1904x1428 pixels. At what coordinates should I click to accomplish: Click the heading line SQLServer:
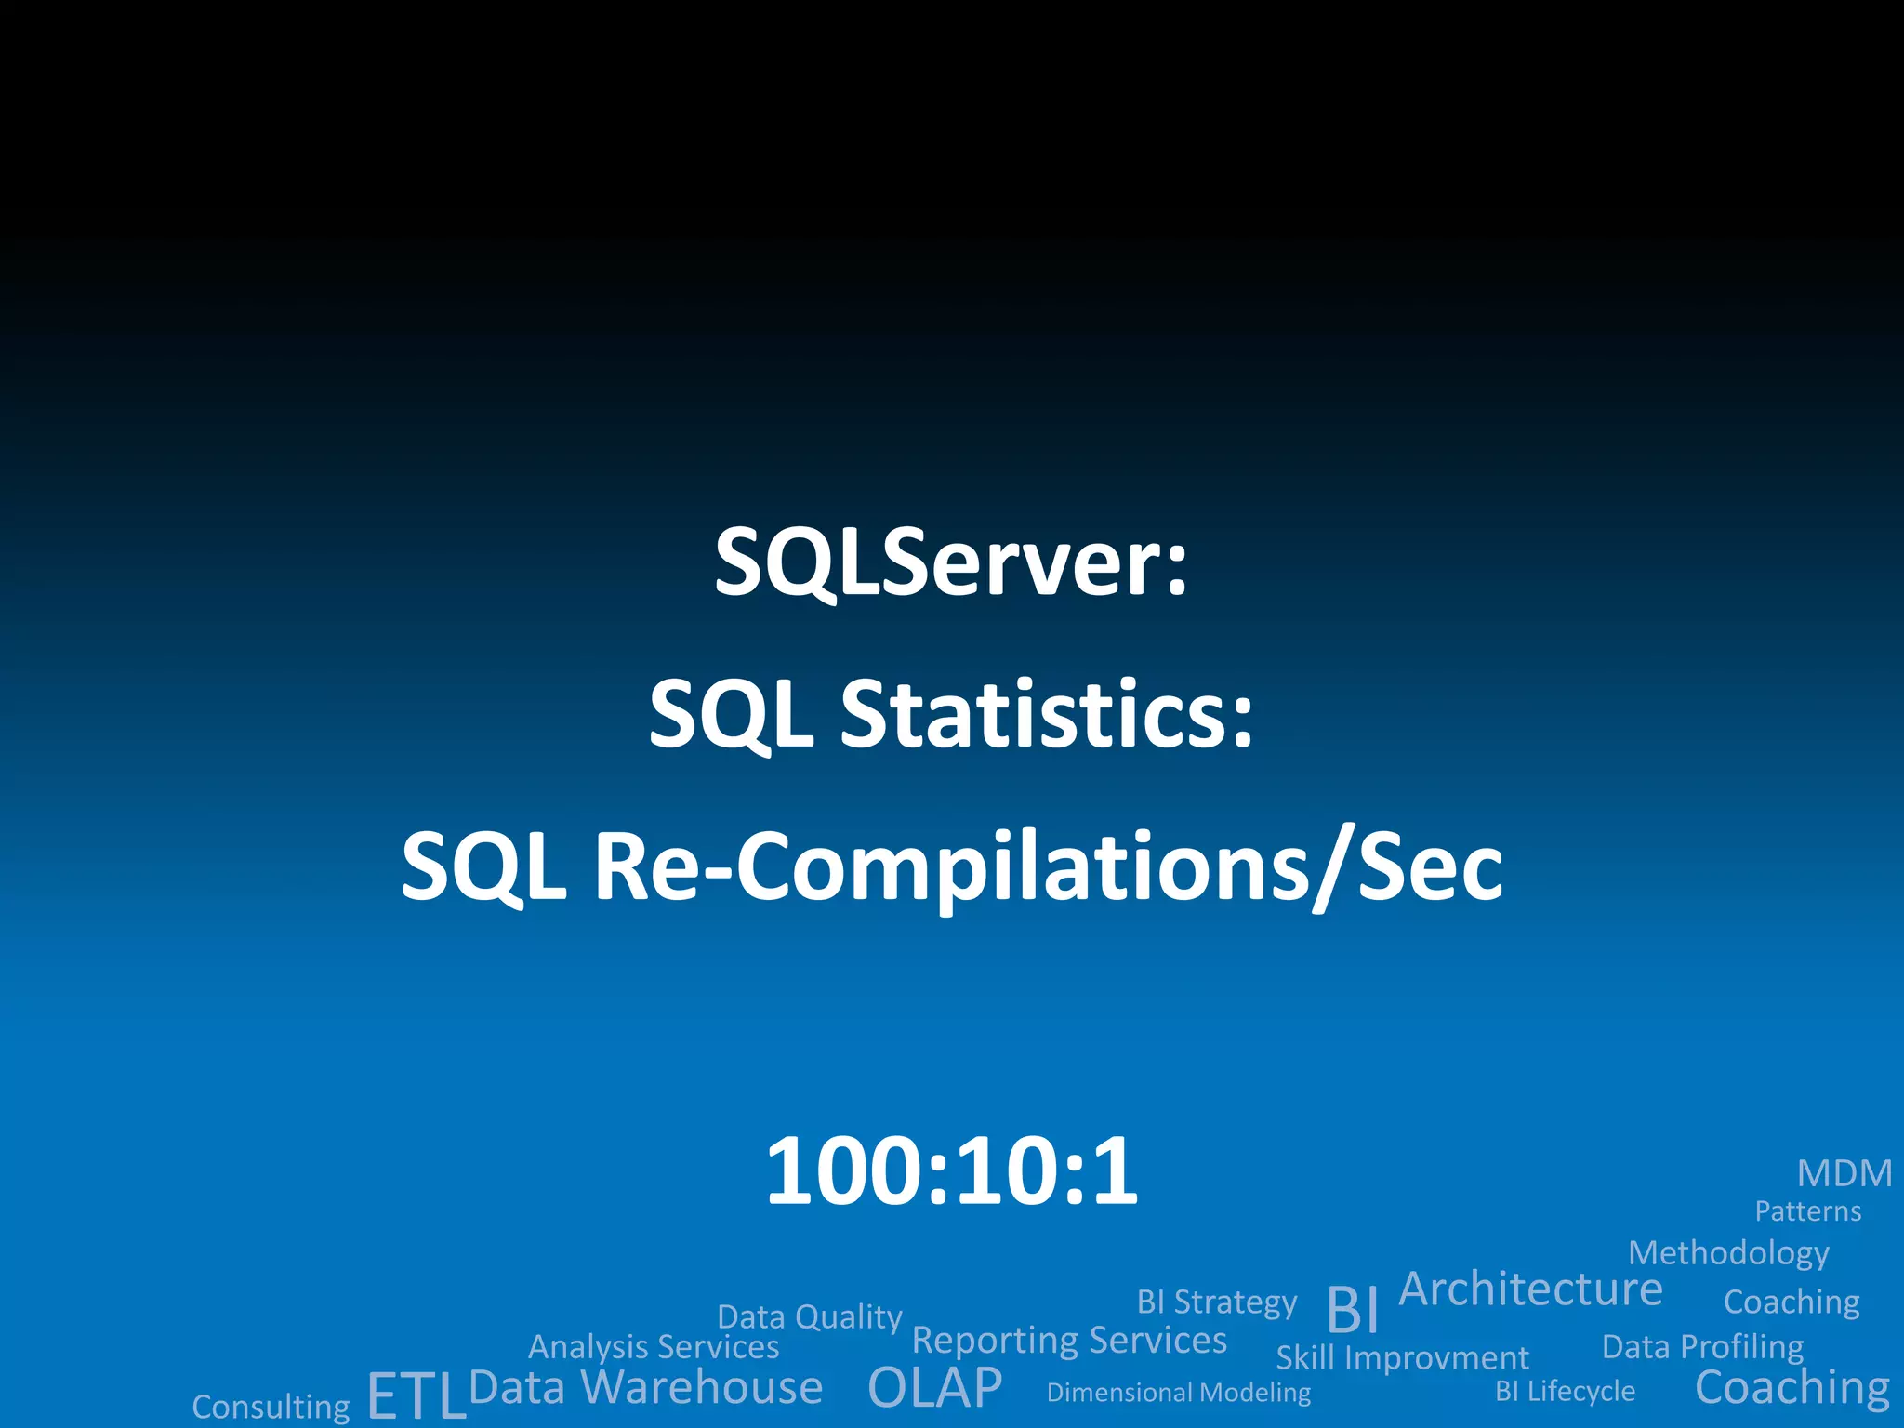coord(951,563)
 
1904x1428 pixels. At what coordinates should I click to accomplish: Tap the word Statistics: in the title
coord(1047,714)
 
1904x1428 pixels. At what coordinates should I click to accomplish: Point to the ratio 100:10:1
coord(951,1171)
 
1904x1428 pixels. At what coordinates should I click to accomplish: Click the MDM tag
coord(1844,1174)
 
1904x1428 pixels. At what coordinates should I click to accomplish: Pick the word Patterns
coord(1807,1211)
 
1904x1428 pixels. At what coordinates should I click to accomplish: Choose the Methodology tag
coord(1728,1253)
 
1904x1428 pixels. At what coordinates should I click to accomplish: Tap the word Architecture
coord(1530,1289)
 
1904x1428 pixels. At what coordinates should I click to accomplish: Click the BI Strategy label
coord(1216,1302)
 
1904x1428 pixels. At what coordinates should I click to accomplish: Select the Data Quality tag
coord(809,1317)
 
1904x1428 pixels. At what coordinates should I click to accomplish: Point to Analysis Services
coord(654,1347)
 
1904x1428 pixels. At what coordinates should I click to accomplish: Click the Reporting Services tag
coord(1069,1341)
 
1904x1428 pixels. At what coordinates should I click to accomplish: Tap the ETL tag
coord(416,1395)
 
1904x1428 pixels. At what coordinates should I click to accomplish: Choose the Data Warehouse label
coord(646,1387)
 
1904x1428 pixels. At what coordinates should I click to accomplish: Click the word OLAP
coord(934,1388)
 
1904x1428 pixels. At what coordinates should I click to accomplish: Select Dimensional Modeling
coord(1178,1393)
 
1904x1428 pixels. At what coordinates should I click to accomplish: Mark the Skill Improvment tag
coord(1402,1358)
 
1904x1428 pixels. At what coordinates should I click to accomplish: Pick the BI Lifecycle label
coord(1565,1391)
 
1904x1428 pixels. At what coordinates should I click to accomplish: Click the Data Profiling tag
coord(1702,1347)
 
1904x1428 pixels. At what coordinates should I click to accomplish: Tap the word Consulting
coord(271,1407)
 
